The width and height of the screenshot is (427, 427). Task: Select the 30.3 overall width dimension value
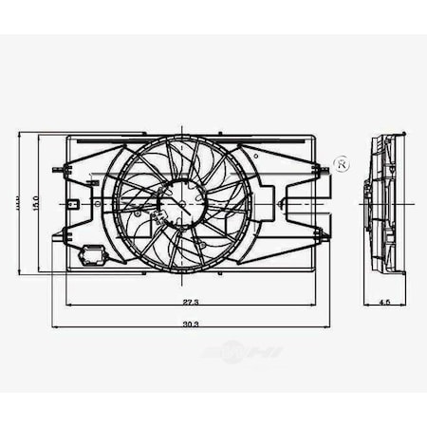click(191, 324)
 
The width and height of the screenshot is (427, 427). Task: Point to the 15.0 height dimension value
click(33, 202)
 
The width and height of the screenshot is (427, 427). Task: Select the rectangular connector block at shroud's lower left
click(95, 253)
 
